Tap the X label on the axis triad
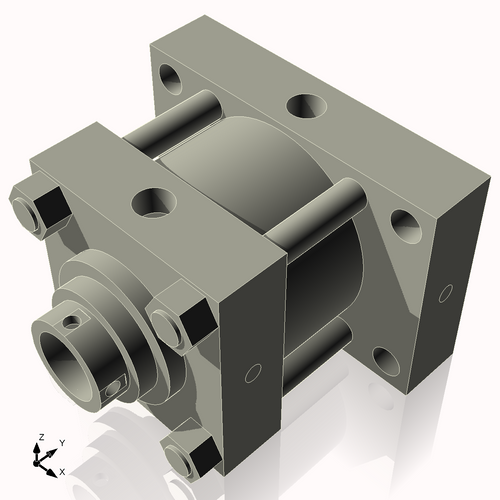(62, 470)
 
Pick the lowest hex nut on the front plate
(191, 458)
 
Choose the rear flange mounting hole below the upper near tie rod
(406, 226)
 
